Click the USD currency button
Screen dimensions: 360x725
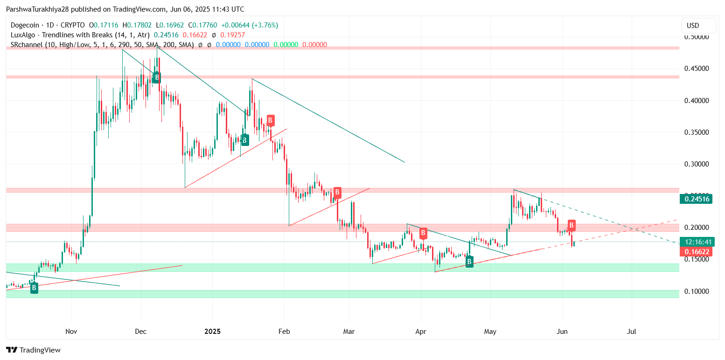pyautogui.click(x=698, y=25)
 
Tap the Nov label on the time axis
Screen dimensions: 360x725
pyautogui.click(x=71, y=332)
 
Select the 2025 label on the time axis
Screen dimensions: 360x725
pyautogui.click(x=212, y=332)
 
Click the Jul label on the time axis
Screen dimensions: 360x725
pyautogui.click(x=632, y=332)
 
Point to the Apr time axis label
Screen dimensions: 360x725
pyautogui.click(x=421, y=332)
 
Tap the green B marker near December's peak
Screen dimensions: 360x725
pyautogui.click(x=157, y=77)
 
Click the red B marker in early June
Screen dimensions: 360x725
pyautogui.click(x=572, y=225)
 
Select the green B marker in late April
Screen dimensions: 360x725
pyautogui.click(x=469, y=262)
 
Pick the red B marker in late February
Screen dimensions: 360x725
pyautogui.click(x=337, y=192)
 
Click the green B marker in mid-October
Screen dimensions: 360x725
pyautogui.click(x=34, y=289)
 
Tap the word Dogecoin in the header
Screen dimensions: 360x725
pyautogui.click(x=25, y=25)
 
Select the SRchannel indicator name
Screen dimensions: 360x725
pyautogui.click(x=27, y=45)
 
